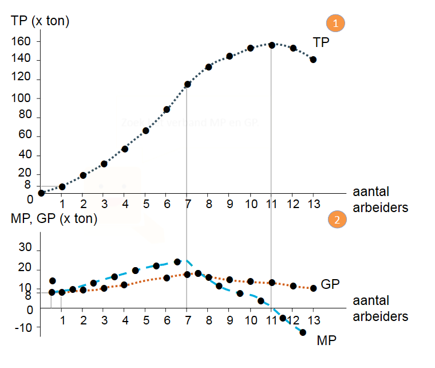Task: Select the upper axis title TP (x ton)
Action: (x=40, y=22)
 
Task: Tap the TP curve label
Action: (x=321, y=42)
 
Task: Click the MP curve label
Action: (x=326, y=340)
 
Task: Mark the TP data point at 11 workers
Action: (x=272, y=45)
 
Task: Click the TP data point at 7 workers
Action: (x=187, y=84)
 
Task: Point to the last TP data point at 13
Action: (x=313, y=60)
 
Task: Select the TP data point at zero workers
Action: (x=41, y=193)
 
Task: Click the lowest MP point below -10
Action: (x=303, y=332)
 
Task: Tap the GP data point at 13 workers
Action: (x=313, y=288)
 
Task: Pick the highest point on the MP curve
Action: (x=177, y=262)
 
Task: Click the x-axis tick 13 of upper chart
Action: (x=313, y=204)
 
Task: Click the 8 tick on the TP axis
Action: (x=27, y=185)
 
